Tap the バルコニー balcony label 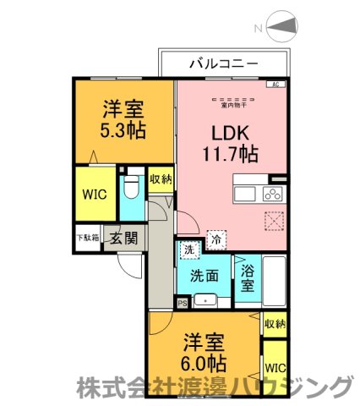pyautogui.click(x=223, y=63)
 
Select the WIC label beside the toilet pyautogui.click(x=93, y=193)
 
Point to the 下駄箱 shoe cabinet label pyautogui.click(x=87, y=238)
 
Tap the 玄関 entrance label pyautogui.click(x=119, y=239)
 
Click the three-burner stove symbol pyautogui.click(x=275, y=194)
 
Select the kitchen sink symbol pyautogui.click(x=244, y=195)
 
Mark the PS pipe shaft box pyautogui.click(x=182, y=302)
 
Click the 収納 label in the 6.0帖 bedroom pyautogui.click(x=275, y=324)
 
